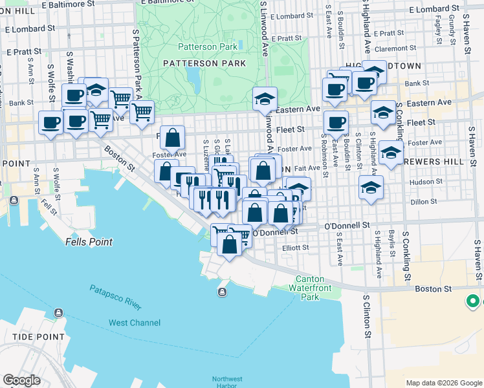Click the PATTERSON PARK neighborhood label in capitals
[x=204, y=63]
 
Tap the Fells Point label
[x=89, y=242]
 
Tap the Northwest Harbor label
[x=226, y=382]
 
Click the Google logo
[x=21, y=380]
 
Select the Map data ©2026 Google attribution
[x=443, y=383]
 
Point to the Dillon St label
[x=424, y=202]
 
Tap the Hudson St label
[x=425, y=182]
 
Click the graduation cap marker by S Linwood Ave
[x=265, y=99]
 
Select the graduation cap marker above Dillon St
[x=371, y=188]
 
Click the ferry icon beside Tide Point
[x=58, y=313]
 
